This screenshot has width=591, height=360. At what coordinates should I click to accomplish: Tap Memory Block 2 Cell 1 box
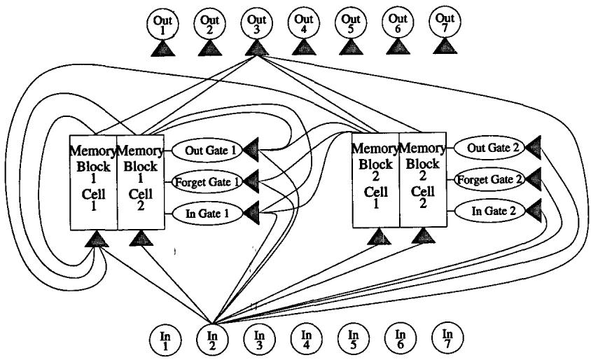point(375,179)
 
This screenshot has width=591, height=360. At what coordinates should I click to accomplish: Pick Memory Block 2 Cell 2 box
point(422,179)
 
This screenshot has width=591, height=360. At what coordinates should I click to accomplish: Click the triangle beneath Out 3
point(256,48)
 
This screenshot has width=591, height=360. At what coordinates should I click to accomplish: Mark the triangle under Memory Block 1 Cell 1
point(97,240)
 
